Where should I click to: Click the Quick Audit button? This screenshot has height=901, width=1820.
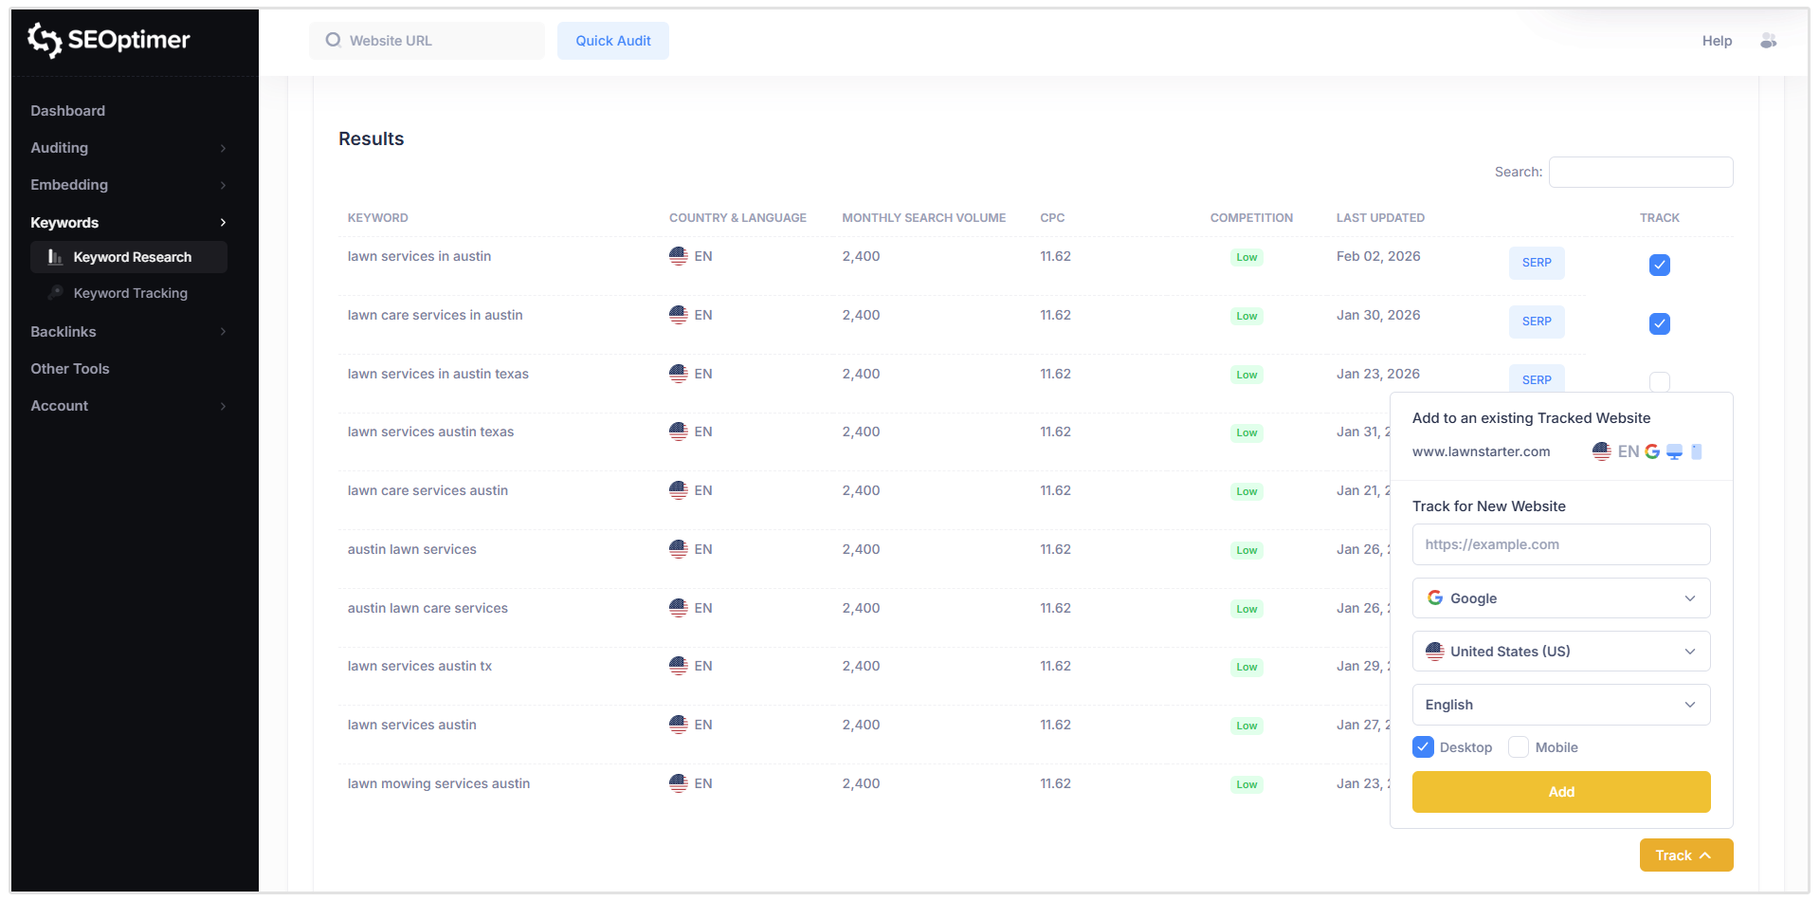coord(612,41)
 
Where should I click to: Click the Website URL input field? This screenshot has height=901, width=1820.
coord(436,41)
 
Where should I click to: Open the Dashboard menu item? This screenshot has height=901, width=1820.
coord(68,111)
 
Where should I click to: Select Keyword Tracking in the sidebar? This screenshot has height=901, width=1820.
coord(130,293)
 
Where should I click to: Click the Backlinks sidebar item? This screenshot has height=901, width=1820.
coord(64,332)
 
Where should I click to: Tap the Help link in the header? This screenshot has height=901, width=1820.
coord(1717,41)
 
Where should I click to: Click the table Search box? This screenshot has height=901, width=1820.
coord(1640,172)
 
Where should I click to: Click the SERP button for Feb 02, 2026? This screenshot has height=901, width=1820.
coord(1537,263)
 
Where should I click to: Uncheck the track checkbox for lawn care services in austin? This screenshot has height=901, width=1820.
coord(1659,323)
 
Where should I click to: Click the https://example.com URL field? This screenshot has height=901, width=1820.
coord(1560,544)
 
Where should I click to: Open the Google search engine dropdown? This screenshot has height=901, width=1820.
coord(1560,598)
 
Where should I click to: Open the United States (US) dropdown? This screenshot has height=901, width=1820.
coord(1560,652)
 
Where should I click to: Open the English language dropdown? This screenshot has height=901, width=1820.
coord(1560,705)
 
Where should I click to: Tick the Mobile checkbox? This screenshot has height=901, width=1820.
coord(1519,747)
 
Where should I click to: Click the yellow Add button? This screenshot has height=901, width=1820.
coord(1560,792)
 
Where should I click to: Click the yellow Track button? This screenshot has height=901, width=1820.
coord(1685,855)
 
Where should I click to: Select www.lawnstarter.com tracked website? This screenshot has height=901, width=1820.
coord(1482,451)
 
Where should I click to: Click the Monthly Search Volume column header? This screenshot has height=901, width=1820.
coord(923,218)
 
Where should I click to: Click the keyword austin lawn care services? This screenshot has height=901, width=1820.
coord(428,608)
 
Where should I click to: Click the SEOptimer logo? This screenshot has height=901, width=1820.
coord(109,40)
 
